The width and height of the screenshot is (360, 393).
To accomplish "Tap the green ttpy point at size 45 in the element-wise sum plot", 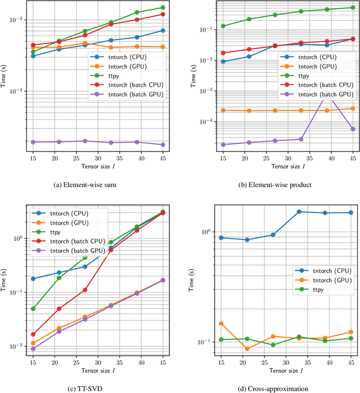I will [163, 8].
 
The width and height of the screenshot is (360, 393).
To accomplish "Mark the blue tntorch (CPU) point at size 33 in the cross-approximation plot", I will [299, 212].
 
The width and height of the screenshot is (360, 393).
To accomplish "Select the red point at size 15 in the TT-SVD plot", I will [33, 334].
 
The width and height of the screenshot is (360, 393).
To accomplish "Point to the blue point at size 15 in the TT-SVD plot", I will [33, 279].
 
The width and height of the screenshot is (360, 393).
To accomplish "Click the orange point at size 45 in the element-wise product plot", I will [353, 109].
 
